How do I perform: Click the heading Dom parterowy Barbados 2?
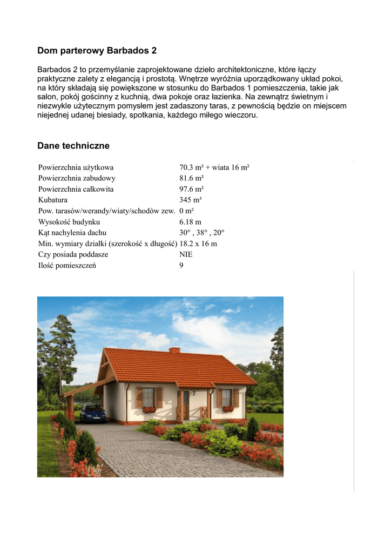click(97, 51)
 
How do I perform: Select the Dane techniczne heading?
click(73, 146)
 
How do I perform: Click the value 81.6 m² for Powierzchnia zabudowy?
click(191, 178)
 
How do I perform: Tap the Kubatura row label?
click(53, 200)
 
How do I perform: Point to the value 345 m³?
click(190, 200)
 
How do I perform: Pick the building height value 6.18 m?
click(190, 222)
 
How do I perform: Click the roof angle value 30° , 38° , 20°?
click(201, 233)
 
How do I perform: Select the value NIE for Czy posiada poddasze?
click(186, 254)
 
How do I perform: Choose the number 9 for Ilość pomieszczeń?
click(181, 265)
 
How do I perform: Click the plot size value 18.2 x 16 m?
click(198, 244)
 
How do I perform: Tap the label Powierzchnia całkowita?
click(76, 189)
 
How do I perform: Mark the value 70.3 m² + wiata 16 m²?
click(214, 167)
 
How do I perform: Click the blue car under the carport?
click(93, 414)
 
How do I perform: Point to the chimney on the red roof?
click(174, 350)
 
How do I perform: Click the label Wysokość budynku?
click(69, 222)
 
